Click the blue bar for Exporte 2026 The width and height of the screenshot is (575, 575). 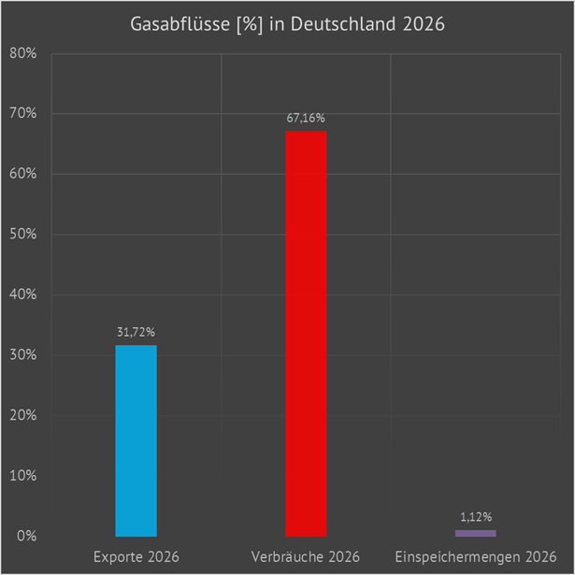(x=136, y=440)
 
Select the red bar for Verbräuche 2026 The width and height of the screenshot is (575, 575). (x=306, y=333)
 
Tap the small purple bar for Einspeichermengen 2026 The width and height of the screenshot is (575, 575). (x=476, y=533)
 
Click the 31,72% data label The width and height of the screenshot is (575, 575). (x=136, y=332)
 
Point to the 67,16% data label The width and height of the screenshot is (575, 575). (x=306, y=118)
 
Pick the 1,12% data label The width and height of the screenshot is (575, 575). (x=476, y=516)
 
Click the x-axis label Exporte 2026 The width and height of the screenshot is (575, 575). (x=136, y=557)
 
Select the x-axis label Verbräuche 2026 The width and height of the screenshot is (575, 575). (x=306, y=557)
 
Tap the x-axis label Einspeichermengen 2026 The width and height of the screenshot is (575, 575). (x=476, y=557)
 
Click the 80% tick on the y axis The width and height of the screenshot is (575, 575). (x=22, y=54)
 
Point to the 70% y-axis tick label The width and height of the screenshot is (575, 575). (x=22, y=114)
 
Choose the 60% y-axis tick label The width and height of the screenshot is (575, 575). (x=22, y=175)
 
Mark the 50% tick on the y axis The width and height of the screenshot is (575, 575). (x=22, y=235)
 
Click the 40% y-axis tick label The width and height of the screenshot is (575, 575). (x=22, y=295)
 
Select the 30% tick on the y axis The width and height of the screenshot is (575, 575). (x=22, y=355)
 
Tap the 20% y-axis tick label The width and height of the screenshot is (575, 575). (x=22, y=416)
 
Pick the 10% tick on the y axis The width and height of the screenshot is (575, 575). (x=22, y=476)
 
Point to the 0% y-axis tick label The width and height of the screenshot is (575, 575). (x=26, y=537)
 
